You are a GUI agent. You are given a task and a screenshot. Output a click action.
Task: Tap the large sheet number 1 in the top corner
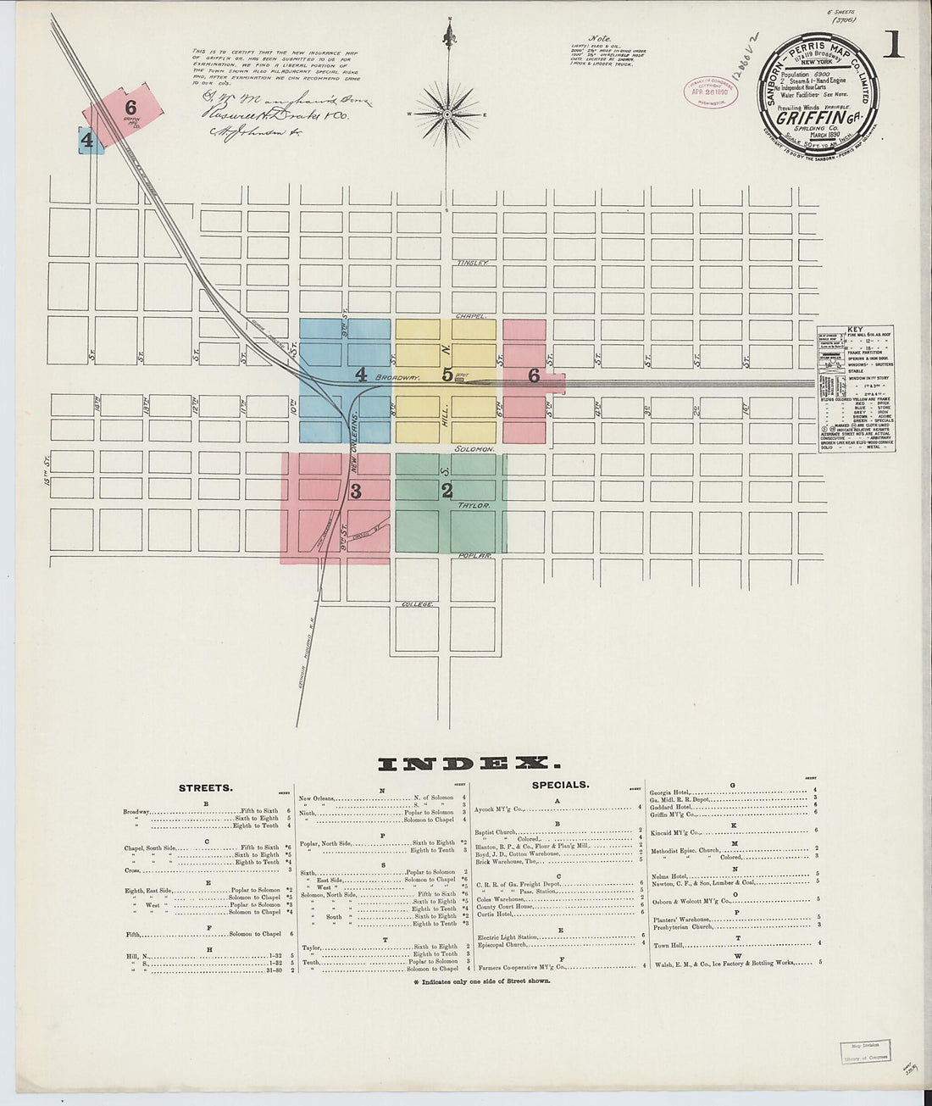[892, 41]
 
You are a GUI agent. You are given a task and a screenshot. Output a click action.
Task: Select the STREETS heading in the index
[205, 787]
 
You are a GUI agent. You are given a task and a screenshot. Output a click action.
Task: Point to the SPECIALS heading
[560, 785]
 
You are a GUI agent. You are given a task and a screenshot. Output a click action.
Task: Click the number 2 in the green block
[447, 490]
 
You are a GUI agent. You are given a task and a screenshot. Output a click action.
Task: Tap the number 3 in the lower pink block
[356, 490]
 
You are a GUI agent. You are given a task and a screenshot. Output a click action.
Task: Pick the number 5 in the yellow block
[447, 375]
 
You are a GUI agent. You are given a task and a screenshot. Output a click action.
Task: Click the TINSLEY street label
[474, 263]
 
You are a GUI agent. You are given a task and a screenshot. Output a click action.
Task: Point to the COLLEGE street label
[418, 604]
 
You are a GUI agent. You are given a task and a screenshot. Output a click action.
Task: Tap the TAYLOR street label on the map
[474, 504]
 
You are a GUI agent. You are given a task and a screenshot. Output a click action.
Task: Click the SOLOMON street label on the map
[474, 447]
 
